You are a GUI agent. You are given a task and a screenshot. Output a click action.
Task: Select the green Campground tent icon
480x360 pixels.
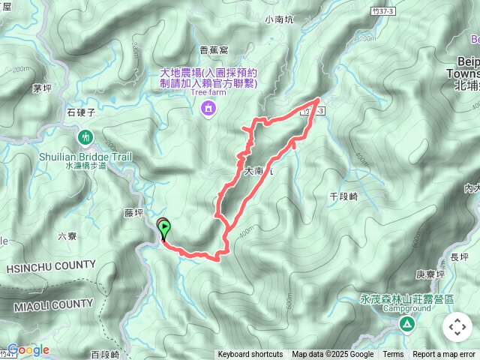(x=406, y=324)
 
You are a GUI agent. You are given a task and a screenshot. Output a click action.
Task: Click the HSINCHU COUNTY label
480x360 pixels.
(x=51, y=265)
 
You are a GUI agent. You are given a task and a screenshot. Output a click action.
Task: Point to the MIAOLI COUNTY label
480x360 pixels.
(x=52, y=304)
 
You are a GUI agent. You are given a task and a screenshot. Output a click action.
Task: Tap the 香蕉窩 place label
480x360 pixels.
(x=214, y=51)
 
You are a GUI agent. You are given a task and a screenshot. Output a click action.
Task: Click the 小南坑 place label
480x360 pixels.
(x=280, y=21)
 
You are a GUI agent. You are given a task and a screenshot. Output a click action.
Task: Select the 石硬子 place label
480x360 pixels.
(x=79, y=112)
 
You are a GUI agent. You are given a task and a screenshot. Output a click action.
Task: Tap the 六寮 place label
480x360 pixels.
(x=67, y=236)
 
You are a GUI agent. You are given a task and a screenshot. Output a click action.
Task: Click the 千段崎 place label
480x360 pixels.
(x=344, y=195)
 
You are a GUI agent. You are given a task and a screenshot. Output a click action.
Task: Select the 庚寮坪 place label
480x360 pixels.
(x=430, y=274)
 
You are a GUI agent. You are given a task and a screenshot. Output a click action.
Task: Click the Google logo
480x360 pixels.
(x=28, y=349)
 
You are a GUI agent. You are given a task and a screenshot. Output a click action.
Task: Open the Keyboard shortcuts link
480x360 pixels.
(x=250, y=355)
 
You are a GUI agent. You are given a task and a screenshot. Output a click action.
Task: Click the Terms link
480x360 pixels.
(x=393, y=355)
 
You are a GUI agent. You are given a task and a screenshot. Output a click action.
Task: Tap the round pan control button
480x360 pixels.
(x=457, y=327)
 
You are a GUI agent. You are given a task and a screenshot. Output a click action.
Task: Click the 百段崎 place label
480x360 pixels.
(x=105, y=354)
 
